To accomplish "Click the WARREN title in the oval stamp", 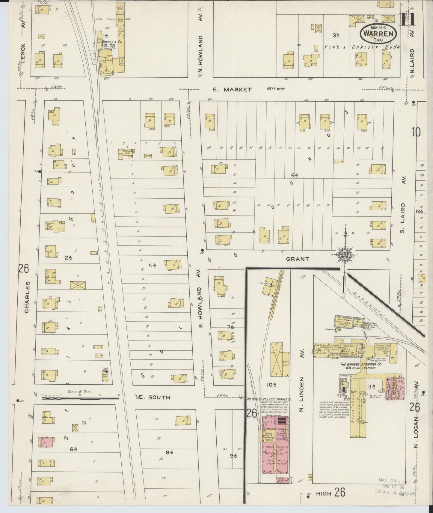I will click(x=378, y=33).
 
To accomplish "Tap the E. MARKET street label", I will click(x=232, y=89).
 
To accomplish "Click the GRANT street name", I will click(x=297, y=259).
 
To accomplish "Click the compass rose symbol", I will click(x=345, y=254).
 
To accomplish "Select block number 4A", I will click(x=153, y=265).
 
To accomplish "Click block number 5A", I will click(x=295, y=175).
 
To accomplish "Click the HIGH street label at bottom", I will click(x=323, y=493).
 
